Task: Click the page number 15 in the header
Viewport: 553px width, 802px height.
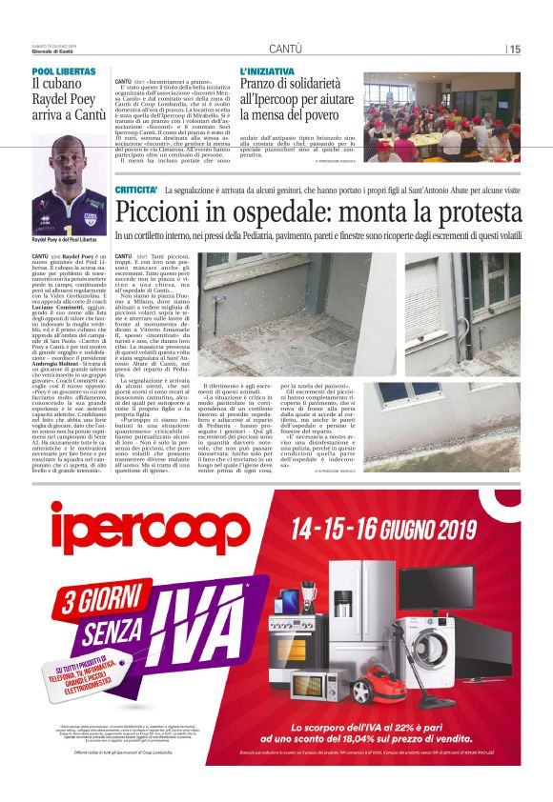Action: [x=515, y=49]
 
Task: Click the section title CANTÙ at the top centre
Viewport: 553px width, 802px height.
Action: [x=286, y=49]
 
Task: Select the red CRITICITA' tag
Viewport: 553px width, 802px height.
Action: [x=136, y=191]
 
